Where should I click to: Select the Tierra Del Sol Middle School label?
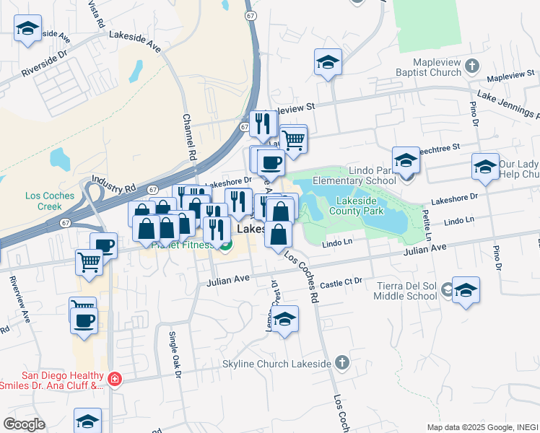406,290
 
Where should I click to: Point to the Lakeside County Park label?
357,206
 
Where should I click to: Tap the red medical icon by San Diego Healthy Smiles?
114,379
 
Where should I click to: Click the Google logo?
23,424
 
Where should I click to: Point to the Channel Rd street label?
190,137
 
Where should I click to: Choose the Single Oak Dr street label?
173,354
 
